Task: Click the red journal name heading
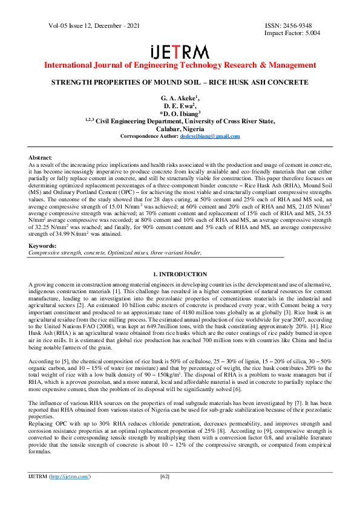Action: coord(180,65)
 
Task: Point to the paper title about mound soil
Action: coord(180,82)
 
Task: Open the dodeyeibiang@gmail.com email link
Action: coord(210,136)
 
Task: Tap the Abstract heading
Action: coord(40,156)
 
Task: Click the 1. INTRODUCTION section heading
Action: coord(180,274)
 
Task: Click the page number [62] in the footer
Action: coord(164,494)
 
